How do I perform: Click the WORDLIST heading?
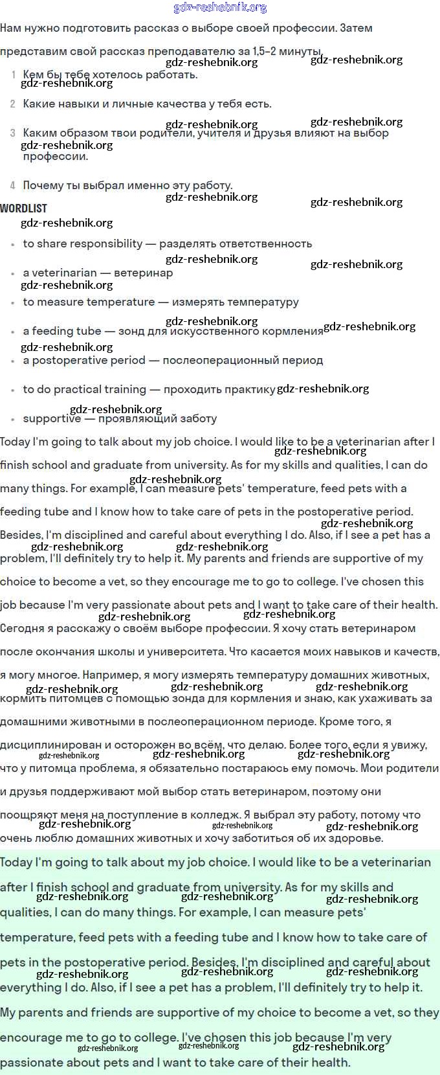(x=24, y=209)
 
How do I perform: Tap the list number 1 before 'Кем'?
(x=14, y=75)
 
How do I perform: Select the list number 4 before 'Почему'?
(x=13, y=186)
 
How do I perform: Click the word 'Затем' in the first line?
(x=356, y=28)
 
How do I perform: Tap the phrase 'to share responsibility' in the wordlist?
(x=83, y=244)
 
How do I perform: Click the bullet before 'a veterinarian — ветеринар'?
(x=13, y=275)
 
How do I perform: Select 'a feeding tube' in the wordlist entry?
(x=62, y=332)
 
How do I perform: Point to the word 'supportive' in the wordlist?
(x=52, y=419)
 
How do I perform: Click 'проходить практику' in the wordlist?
(x=219, y=390)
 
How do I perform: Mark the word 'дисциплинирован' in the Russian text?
(x=50, y=745)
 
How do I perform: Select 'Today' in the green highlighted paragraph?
(x=16, y=863)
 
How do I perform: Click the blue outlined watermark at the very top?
(x=220, y=8)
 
